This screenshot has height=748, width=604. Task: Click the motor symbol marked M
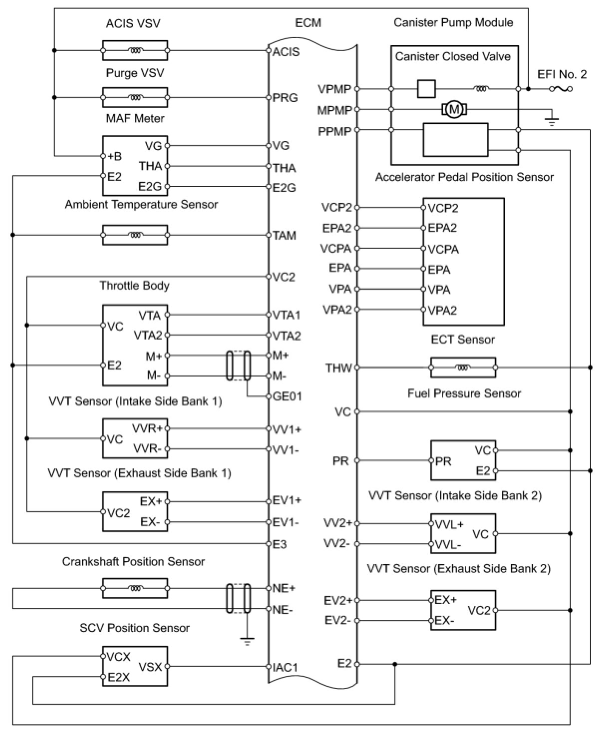click(454, 109)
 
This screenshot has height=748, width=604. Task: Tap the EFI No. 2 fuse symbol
click(561, 89)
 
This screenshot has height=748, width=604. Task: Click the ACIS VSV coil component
click(135, 50)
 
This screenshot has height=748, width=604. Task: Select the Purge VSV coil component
click(135, 97)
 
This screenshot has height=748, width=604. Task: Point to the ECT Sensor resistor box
click(463, 368)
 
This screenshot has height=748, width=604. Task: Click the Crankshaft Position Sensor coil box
click(135, 589)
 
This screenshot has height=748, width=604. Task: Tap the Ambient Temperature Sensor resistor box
click(135, 235)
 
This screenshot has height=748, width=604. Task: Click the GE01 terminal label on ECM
click(288, 396)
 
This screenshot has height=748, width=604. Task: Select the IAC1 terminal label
click(286, 667)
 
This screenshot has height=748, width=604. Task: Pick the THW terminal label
click(338, 369)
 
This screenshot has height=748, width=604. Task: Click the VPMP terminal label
click(334, 89)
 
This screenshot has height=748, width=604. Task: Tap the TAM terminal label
click(284, 235)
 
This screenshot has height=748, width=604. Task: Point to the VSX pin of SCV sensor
click(150, 667)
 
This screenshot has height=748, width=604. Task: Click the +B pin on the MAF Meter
click(114, 156)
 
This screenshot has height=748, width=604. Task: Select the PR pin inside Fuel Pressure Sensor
click(443, 461)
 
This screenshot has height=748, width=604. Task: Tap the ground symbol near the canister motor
click(552, 120)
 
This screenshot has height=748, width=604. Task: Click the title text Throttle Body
click(134, 286)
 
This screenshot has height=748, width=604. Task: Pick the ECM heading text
click(308, 23)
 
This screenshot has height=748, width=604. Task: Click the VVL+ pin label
click(449, 525)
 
